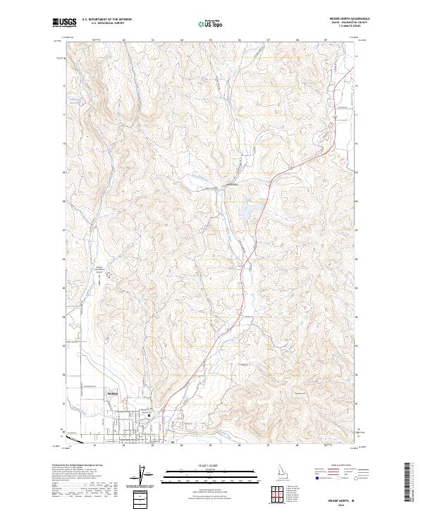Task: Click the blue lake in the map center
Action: tap(247, 209)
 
